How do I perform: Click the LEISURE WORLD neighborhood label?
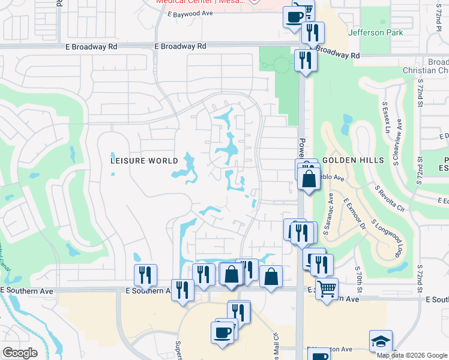(x=145, y=161)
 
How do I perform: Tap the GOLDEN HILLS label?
(x=352, y=161)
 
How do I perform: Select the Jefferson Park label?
(x=376, y=32)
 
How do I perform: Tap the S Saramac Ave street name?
(x=331, y=206)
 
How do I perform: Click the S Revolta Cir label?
(x=388, y=198)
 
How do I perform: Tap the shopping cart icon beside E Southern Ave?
(x=327, y=288)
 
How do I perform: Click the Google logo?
(x=20, y=353)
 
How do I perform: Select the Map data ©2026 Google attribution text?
(x=412, y=355)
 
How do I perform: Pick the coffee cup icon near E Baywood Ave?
(x=294, y=16)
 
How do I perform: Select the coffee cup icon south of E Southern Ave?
(x=221, y=332)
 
